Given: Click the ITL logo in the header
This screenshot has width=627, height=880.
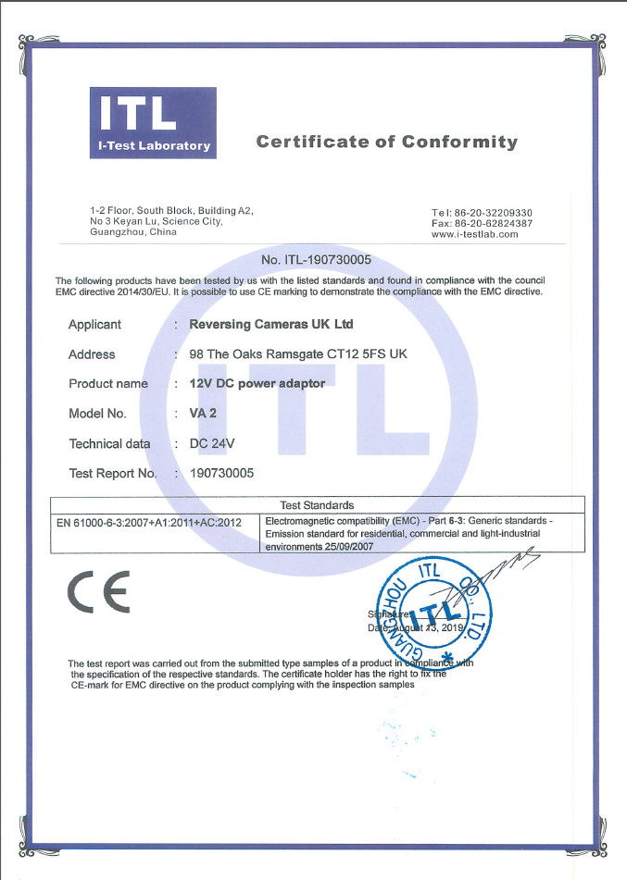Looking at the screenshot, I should [153, 121].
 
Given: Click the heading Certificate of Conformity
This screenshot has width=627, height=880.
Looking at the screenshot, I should [386, 142].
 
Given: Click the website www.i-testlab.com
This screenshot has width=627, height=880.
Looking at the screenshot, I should [474, 234].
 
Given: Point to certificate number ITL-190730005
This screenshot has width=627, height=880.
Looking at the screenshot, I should [317, 260].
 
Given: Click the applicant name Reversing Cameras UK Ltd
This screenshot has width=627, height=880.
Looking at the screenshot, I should [270, 324].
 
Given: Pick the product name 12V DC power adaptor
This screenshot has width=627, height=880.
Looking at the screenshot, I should [257, 383].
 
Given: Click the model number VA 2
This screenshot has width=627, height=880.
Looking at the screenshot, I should [203, 414].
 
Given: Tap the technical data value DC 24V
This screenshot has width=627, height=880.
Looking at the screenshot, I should [211, 443].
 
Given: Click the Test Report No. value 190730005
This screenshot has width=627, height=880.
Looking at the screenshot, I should [221, 473].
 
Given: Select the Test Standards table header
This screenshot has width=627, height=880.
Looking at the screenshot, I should [317, 505].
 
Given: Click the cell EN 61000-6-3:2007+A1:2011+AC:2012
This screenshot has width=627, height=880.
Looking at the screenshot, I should [149, 522].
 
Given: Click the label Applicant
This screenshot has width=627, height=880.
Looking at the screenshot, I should [94, 324].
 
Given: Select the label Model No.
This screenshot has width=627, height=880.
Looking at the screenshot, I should [97, 414].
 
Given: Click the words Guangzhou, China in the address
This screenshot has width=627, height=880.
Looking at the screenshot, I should [132, 232].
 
